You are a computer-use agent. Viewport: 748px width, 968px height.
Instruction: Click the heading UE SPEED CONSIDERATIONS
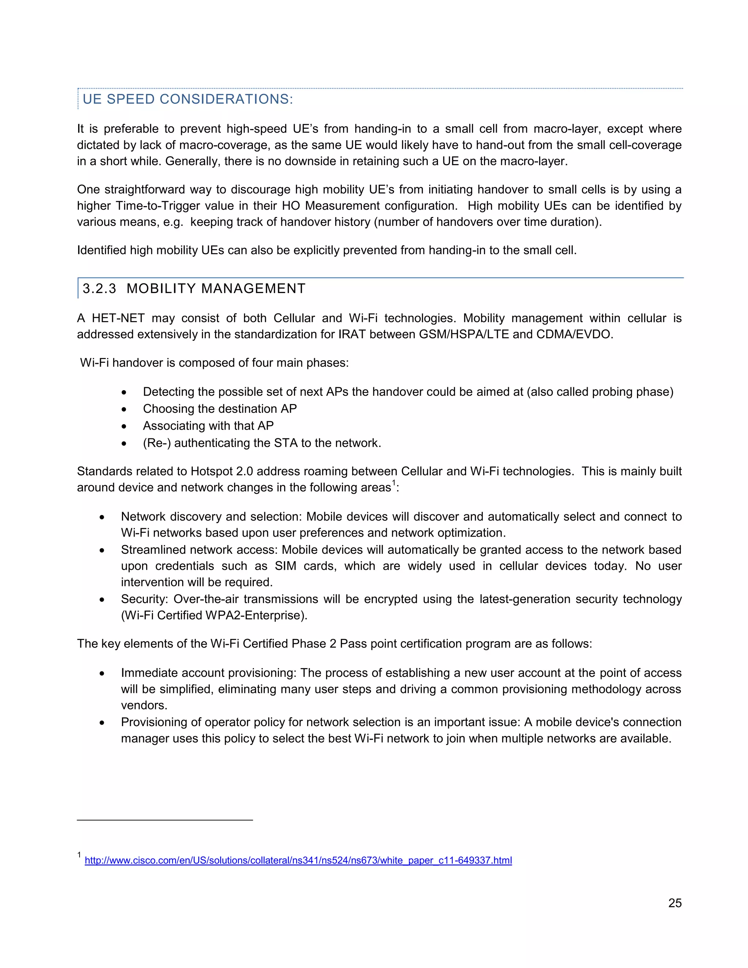tap(187, 99)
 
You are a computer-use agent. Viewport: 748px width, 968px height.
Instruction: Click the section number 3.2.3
tap(99, 289)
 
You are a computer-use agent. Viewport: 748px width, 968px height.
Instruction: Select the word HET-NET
tap(118, 318)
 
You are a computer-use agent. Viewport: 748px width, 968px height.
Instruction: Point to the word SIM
tap(285, 566)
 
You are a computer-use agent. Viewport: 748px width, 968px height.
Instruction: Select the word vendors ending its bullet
tap(144, 705)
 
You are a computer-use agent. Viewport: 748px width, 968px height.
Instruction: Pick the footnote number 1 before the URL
tap(79, 855)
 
